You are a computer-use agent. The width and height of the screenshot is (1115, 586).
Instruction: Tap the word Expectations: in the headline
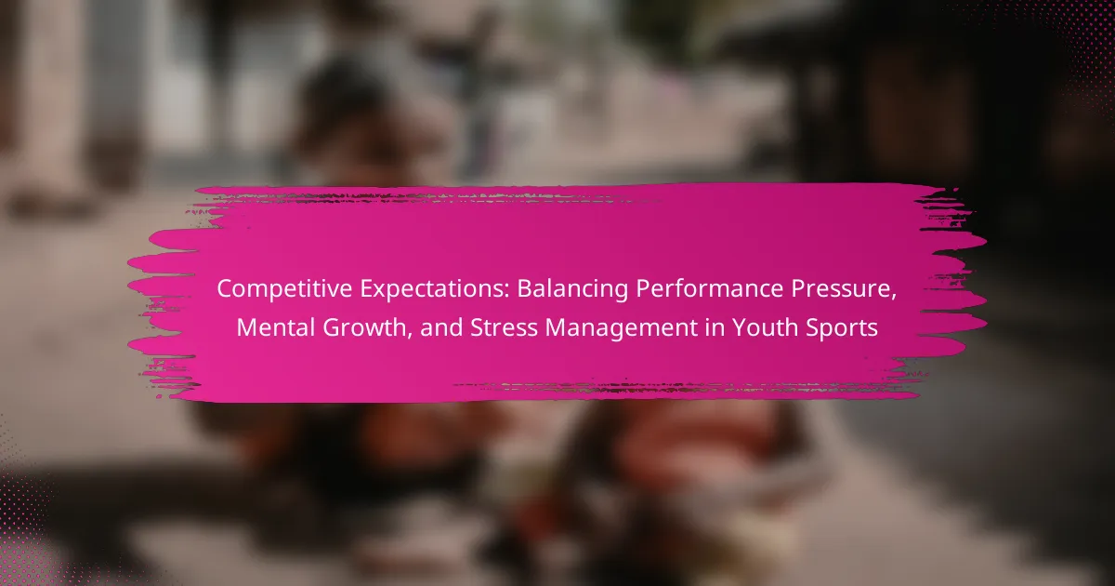[x=435, y=289]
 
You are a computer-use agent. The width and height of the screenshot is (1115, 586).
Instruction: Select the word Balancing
[x=572, y=289]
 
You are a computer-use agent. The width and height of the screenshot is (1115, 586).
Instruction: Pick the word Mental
[x=275, y=327]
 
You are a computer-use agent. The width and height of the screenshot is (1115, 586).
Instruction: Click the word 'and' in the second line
[x=441, y=327]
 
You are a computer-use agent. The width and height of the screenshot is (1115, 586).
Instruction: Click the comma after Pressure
[x=893, y=298]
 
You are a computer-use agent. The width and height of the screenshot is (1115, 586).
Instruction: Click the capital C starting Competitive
[x=225, y=289]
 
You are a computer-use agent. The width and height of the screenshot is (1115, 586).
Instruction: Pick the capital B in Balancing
[x=525, y=289]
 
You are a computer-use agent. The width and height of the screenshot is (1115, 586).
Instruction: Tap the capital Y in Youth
[x=739, y=327]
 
